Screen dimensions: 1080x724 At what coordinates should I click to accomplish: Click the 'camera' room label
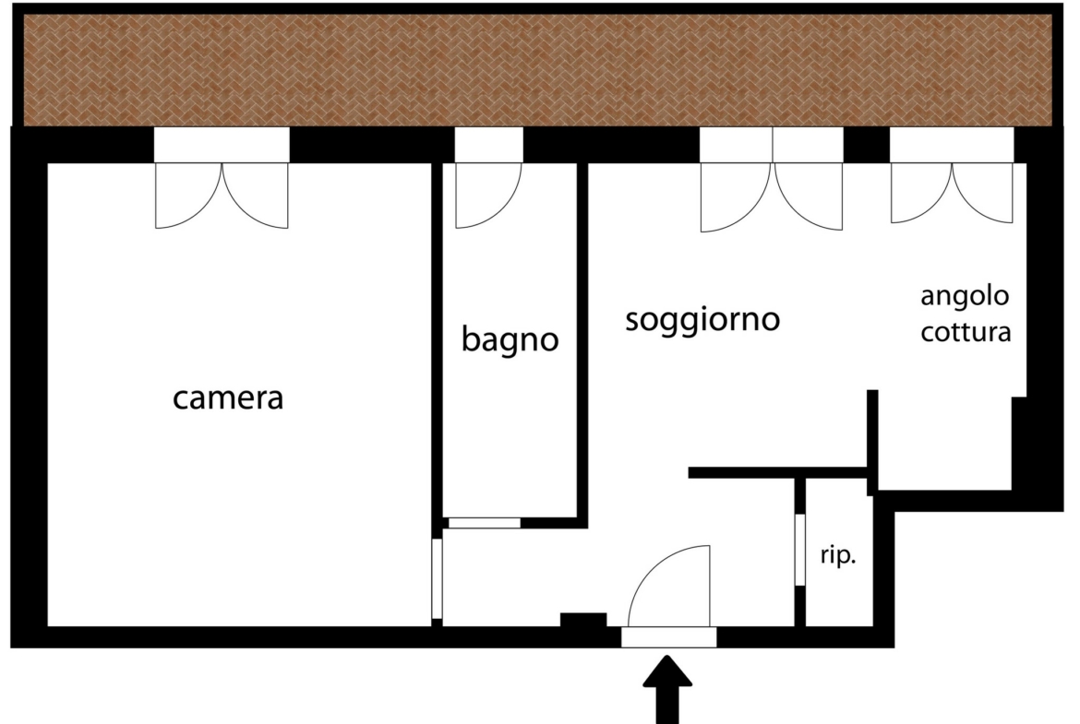coord(227,398)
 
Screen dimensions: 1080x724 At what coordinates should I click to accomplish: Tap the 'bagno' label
coord(510,338)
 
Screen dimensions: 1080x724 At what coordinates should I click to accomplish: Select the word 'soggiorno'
coord(702,320)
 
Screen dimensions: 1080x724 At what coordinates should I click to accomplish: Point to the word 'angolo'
coord(965,297)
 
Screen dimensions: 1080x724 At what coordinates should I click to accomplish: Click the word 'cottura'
coord(966,332)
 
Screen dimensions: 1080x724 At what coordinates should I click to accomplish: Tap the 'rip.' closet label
coord(838,554)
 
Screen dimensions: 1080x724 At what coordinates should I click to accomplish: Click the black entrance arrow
coord(666,688)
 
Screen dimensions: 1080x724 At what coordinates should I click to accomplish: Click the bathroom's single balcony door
coord(488,196)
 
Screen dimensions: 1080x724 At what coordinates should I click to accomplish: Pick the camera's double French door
coord(222,196)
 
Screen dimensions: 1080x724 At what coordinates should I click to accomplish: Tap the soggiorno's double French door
coord(772,196)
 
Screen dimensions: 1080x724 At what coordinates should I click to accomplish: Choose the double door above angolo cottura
coord(952,193)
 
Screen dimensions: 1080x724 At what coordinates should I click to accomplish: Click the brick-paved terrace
coord(538,70)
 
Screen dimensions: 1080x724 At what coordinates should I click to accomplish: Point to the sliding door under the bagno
coord(485,523)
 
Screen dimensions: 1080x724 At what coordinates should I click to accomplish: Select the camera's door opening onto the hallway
coord(437,578)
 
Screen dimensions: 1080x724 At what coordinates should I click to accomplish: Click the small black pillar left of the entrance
coord(583,620)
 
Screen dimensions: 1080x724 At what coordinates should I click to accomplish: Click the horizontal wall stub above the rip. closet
coord(777,472)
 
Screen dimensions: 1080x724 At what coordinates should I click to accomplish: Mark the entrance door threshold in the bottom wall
coord(669,637)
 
